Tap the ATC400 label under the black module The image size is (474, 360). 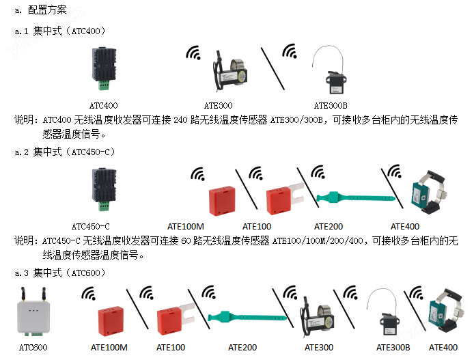103,105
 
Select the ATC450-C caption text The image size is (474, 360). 91,226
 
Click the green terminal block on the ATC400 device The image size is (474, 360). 103,85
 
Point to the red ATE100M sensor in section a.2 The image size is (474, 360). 222,200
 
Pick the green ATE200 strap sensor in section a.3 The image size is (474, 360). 247,317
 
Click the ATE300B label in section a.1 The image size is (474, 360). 331,105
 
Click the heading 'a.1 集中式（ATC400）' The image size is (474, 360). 60,31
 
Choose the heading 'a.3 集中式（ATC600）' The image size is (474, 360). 60,273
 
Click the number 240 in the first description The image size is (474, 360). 180,120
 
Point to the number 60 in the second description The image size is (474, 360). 186,241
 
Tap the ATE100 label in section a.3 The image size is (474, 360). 171,348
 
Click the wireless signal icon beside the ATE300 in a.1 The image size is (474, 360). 193,53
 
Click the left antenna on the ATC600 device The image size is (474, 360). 23,294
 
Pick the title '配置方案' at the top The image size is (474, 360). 47,10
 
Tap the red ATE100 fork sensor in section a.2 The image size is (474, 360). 284,199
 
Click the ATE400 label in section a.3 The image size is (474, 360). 443,348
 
